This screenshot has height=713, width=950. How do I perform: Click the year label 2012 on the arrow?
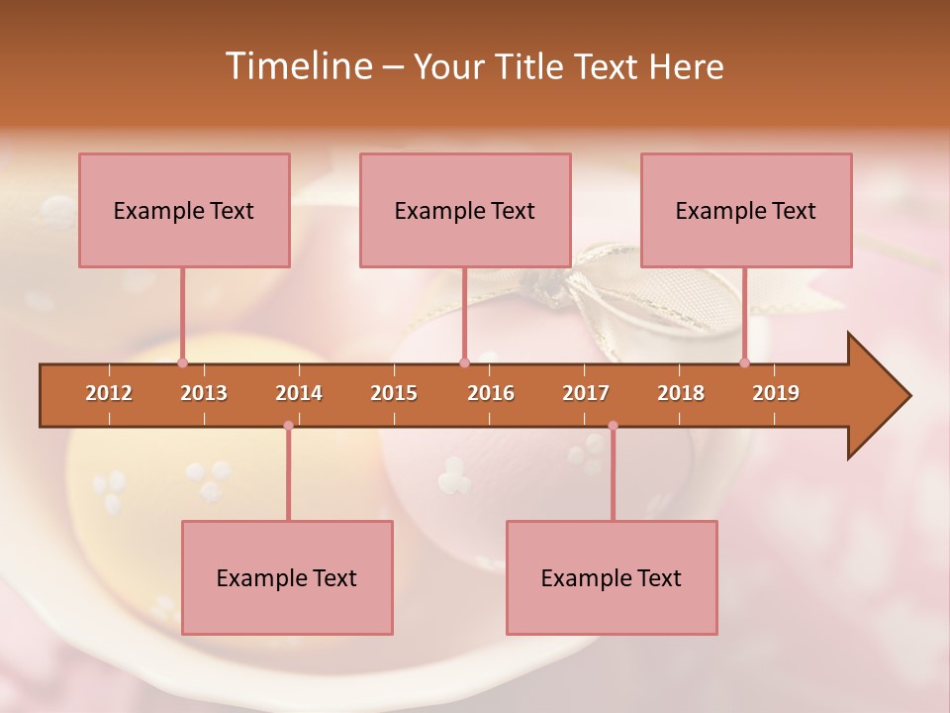[109, 393]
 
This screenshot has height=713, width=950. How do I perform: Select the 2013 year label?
[204, 393]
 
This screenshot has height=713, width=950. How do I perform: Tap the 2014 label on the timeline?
[299, 393]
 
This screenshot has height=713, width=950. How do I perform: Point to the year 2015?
[394, 393]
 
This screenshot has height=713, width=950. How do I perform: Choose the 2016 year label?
[491, 393]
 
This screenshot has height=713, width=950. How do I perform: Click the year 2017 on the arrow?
[586, 393]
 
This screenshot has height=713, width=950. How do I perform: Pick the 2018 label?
[681, 393]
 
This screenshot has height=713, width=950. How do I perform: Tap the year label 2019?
[776, 393]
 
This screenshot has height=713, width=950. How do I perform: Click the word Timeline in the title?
[297, 66]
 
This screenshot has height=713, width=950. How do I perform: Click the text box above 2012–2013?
[184, 210]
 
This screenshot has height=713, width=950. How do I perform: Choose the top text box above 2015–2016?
[465, 210]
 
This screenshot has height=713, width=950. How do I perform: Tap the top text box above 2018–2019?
[746, 210]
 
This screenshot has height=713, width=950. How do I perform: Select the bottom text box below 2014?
[287, 577]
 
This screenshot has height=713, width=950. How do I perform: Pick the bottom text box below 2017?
[612, 577]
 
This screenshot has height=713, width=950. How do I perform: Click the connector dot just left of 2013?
[182, 362]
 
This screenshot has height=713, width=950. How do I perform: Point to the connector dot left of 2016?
[464, 362]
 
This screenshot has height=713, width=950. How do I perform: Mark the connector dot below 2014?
[288, 426]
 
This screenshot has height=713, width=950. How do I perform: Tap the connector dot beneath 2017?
[613, 426]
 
